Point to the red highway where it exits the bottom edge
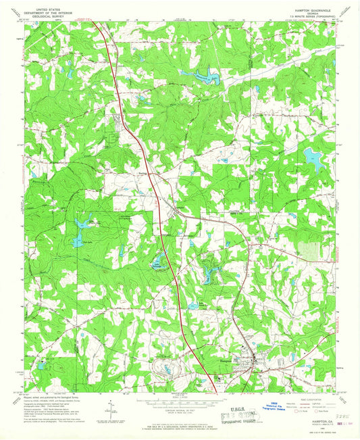coord(215,390)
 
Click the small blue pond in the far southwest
coord(42,365)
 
